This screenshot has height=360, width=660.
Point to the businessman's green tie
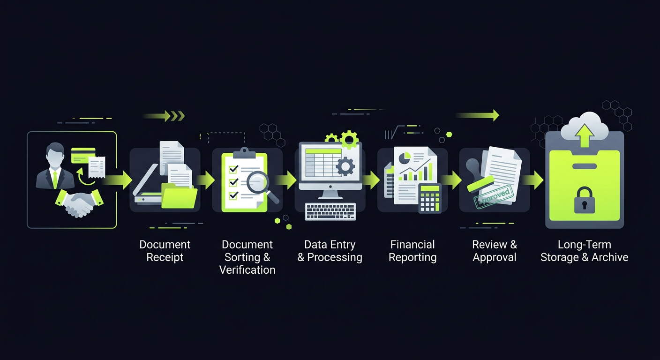point(55,178)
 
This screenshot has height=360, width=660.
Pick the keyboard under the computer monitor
point(330,211)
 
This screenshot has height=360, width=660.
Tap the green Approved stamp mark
point(494,198)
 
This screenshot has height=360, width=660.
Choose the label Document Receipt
point(165,251)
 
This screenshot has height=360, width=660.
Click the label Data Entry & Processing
point(330,251)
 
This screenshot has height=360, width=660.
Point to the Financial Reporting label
point(412,251)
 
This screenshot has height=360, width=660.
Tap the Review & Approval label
point(495,251)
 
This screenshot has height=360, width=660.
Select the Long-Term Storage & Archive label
point(584,251)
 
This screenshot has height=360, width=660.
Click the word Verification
point(247,270)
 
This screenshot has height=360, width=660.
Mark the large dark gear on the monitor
point(345,166)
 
